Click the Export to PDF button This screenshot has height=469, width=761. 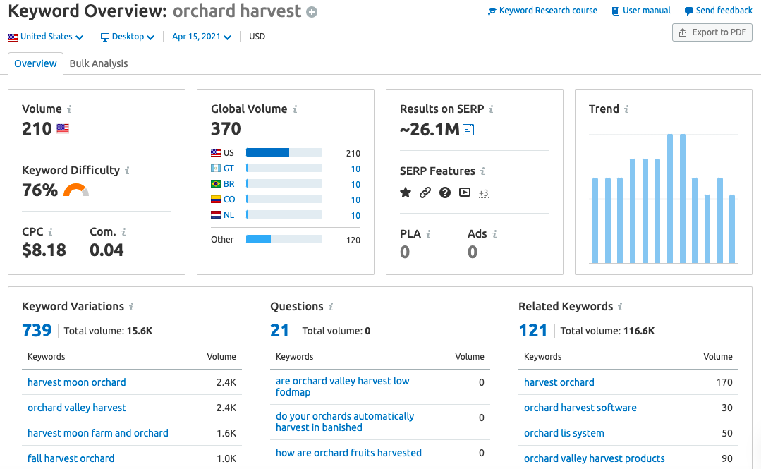tap(712, 32)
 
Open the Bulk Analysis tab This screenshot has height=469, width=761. tap(99, 63)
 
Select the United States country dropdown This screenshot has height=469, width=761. tap(46, 37)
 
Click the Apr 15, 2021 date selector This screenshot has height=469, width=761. tap(201, 37)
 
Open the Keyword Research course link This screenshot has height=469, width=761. tap(542, 11)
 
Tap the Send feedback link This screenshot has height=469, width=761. tap(719, 11)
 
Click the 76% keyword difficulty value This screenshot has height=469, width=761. tap(39, 190)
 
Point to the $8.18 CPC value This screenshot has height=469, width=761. tap(44, 250)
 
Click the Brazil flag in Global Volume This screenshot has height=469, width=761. tap(216, 184)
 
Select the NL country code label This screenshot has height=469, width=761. tap(229, 215)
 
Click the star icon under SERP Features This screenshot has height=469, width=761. tap(406, 192)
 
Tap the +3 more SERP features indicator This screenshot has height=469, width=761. tap(484, 193)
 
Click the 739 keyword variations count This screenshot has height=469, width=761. tap(37, 330)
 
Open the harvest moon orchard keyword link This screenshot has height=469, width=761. tap(76, 382)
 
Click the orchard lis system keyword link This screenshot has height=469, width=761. tap(564, 433)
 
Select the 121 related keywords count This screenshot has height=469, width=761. tap(533, 330)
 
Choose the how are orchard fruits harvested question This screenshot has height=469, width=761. tap(348, 453)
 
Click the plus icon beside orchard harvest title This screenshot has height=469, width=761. tap(312, 12)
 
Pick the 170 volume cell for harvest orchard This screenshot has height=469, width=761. tap(724, 382)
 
